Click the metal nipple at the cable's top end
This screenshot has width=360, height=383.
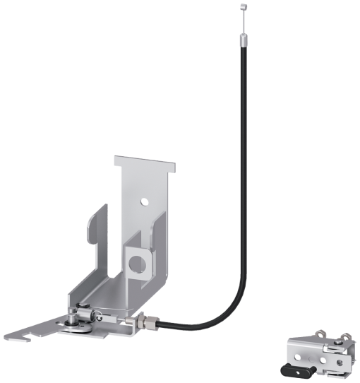(x=242, y=7)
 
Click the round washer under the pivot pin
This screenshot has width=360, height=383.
(x=74, y=325)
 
